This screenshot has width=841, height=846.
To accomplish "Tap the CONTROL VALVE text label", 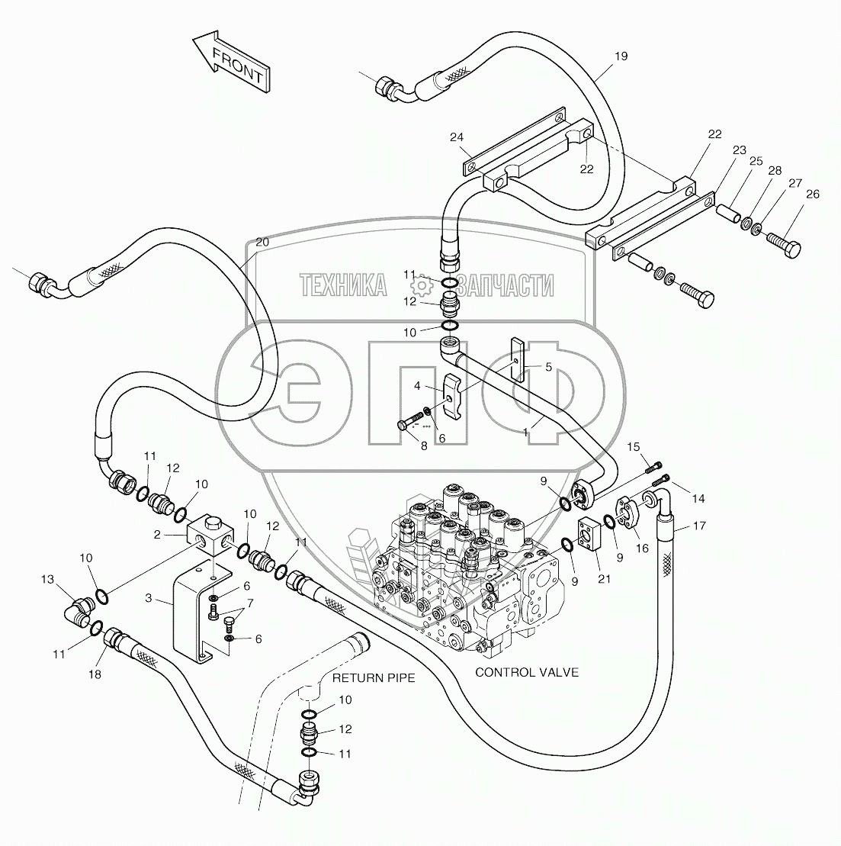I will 527,672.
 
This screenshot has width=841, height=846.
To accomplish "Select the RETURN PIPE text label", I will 374,677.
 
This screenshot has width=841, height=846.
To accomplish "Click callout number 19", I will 621,56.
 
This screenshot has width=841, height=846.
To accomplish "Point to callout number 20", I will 262,242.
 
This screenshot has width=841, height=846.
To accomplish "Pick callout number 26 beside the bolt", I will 813,194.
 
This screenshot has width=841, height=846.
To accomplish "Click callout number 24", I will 457,137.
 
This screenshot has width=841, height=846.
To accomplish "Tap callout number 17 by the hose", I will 698,526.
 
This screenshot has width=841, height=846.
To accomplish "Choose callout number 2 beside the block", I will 156,535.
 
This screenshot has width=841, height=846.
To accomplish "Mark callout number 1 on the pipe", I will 525,432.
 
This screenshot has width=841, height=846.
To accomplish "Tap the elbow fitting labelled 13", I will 78,611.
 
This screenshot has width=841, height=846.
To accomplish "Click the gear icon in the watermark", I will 420,286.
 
